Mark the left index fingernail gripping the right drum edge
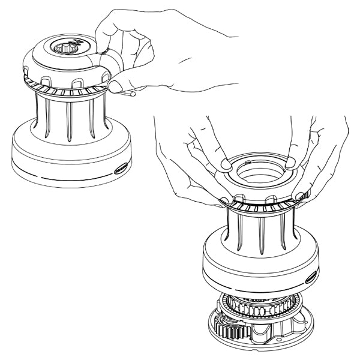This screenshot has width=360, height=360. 224,199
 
